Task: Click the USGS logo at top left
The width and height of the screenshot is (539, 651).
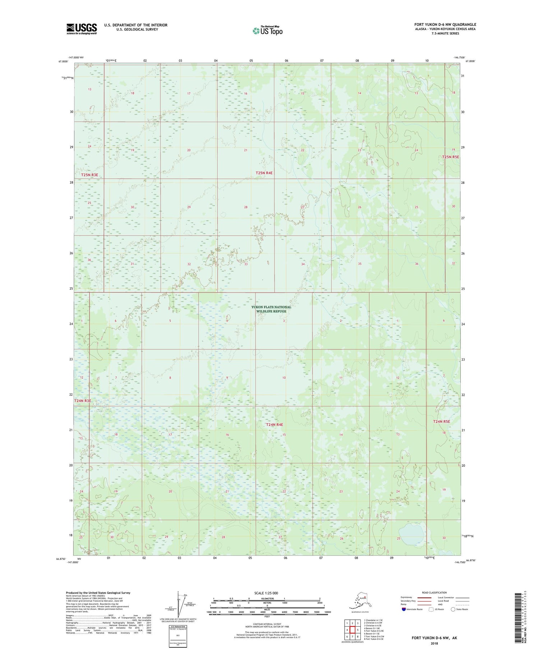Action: [x=82, y=28]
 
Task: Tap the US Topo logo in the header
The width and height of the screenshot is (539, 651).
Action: [x=267, y=31]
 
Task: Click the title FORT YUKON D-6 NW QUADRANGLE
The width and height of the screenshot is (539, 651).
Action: [x=445, y=24]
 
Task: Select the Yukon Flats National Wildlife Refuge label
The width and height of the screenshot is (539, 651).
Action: [x=271, y=309]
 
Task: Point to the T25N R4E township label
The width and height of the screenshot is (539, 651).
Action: [x=264, y=173]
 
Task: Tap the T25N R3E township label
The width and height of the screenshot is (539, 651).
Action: [x=89, y=175]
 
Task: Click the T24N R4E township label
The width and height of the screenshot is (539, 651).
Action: [x=275, y=424]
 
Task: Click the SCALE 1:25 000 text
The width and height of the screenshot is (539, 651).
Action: [x=266, y=593]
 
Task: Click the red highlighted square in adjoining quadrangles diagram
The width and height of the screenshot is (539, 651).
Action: [x=353, y=629]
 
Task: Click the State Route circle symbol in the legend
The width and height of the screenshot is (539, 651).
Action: [x=453, y=609]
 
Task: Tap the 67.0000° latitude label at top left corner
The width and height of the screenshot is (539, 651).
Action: [x=63, y=61]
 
